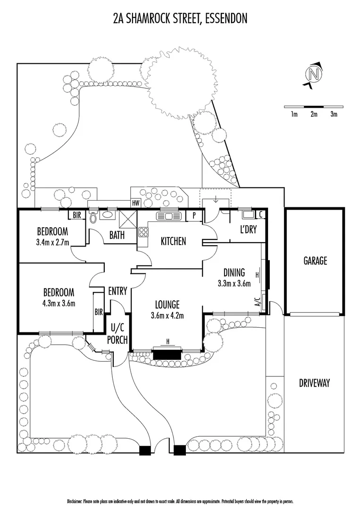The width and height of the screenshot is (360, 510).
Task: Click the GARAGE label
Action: point(315,260)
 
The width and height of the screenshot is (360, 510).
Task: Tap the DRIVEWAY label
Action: point(314,383)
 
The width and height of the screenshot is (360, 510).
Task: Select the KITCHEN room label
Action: point(173,241)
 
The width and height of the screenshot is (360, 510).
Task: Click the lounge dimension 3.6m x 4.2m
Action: point(167,316)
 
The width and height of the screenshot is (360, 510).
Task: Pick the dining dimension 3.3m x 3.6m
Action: point(234,283)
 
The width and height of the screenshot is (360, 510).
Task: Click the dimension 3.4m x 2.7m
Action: point(53,243)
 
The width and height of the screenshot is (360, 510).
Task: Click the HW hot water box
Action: point(136,203)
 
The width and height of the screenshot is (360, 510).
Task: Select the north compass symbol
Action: point(313,75)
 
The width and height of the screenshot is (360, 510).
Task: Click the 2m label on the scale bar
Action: point(313,114)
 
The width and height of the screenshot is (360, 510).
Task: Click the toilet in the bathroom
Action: point(93,217)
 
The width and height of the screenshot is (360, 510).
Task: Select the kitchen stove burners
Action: point(142,232)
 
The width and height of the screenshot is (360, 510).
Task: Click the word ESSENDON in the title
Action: point(224,18)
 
